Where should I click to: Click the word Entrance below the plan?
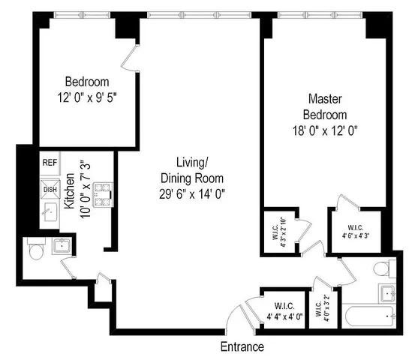coord(242,346)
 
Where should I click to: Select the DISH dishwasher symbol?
coord(50,189)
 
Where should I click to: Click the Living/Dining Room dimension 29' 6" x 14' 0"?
coord(192,193)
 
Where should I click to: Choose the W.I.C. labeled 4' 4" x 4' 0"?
coord(284,311)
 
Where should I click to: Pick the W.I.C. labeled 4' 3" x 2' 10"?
coord(275,232)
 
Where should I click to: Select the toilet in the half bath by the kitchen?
coord(34,250)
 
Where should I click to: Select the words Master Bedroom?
coord(326,106)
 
